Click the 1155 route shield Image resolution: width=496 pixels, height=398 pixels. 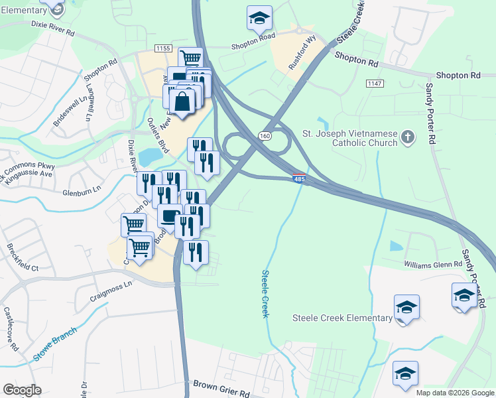[162, 48]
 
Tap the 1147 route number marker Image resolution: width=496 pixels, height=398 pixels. [375, 83]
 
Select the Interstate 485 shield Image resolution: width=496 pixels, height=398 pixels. [299, 178]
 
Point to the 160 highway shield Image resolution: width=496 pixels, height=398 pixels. [264, 136]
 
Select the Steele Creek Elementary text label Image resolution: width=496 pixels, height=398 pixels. [342, 318]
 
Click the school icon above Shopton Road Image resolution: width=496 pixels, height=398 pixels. [260, 18]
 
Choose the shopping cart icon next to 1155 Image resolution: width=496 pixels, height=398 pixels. [190, 58]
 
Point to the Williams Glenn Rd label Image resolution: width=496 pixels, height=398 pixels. [432, 264]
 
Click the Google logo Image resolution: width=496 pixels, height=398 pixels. [22, 390]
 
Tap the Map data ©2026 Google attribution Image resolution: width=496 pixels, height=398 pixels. [454, 393]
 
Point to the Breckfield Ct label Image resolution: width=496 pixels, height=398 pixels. [22, 259]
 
